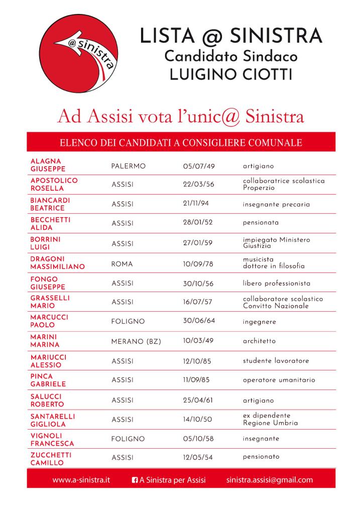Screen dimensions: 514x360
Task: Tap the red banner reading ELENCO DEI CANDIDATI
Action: click(x=181, y=143)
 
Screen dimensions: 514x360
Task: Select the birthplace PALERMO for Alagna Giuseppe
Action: click(x=128, y=166)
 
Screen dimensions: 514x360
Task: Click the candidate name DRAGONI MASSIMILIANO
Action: click(x=57, y=263)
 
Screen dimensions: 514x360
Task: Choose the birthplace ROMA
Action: click(x=122, y=263)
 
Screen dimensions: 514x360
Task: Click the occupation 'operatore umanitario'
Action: click(x=279, y=380)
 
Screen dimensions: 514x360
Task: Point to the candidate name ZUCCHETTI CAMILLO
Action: click(x=51, y=459)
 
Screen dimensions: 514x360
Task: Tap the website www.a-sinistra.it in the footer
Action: click(x=81, y=480)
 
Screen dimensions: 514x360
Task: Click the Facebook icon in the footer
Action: click(x=135, y=480)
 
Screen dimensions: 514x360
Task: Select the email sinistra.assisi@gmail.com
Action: click(x=269, y=480)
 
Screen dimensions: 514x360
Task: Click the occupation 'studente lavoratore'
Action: click(x=276, y=361)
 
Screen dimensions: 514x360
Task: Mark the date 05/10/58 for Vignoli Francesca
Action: click(x=198, y=439)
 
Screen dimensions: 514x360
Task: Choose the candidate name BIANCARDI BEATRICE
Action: click(x=50, y=204)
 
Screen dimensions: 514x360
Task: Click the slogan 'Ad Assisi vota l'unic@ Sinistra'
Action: click(x=181, y=116)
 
